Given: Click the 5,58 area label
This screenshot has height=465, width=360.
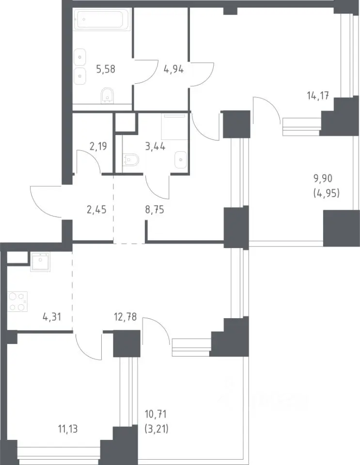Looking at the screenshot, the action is click(106, 69).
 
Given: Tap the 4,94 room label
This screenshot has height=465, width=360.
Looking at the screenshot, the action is click(174, 69).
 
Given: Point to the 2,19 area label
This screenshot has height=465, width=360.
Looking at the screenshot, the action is click(98, 146).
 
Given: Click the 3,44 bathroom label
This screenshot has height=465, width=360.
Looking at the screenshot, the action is click(155, 146).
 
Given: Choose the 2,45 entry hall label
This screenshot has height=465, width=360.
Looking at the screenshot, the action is click(96, 210).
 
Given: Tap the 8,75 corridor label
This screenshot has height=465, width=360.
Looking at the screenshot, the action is click(155, 210).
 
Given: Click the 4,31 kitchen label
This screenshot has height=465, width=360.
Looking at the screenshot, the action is click(52, 317).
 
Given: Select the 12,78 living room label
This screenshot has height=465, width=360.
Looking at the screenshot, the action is click(125, 317).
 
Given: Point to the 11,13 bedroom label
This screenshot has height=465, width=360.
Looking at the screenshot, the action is click(68, 429).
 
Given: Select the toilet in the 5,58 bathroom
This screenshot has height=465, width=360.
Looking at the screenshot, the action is click(107, 95).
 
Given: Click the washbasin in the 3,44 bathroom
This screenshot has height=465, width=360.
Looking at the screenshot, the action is click(181, 160).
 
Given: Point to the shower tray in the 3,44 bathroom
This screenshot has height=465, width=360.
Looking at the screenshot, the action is click(174, 126).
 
